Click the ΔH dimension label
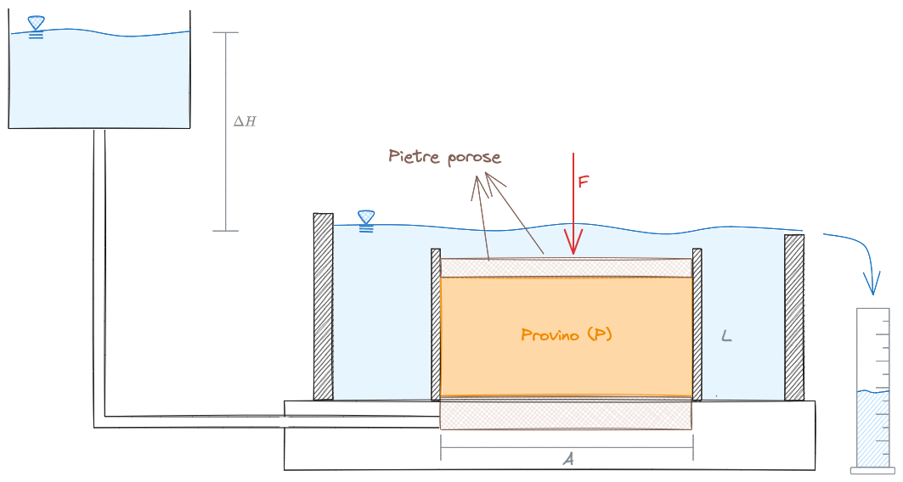pos(245,121)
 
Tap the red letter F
pos(583,182)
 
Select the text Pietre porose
pos(444,157)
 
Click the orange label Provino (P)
pos(566,334)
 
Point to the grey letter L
pos(726,337)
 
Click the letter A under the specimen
pos(568,459)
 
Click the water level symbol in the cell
pos(366,221)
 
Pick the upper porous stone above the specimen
pos(566,267)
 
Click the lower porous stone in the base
pos(566,414)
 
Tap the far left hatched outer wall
pos(323,305)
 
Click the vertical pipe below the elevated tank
pos(99,272)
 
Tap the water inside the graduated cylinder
pos(872,429)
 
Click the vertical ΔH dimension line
pos(226,132)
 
